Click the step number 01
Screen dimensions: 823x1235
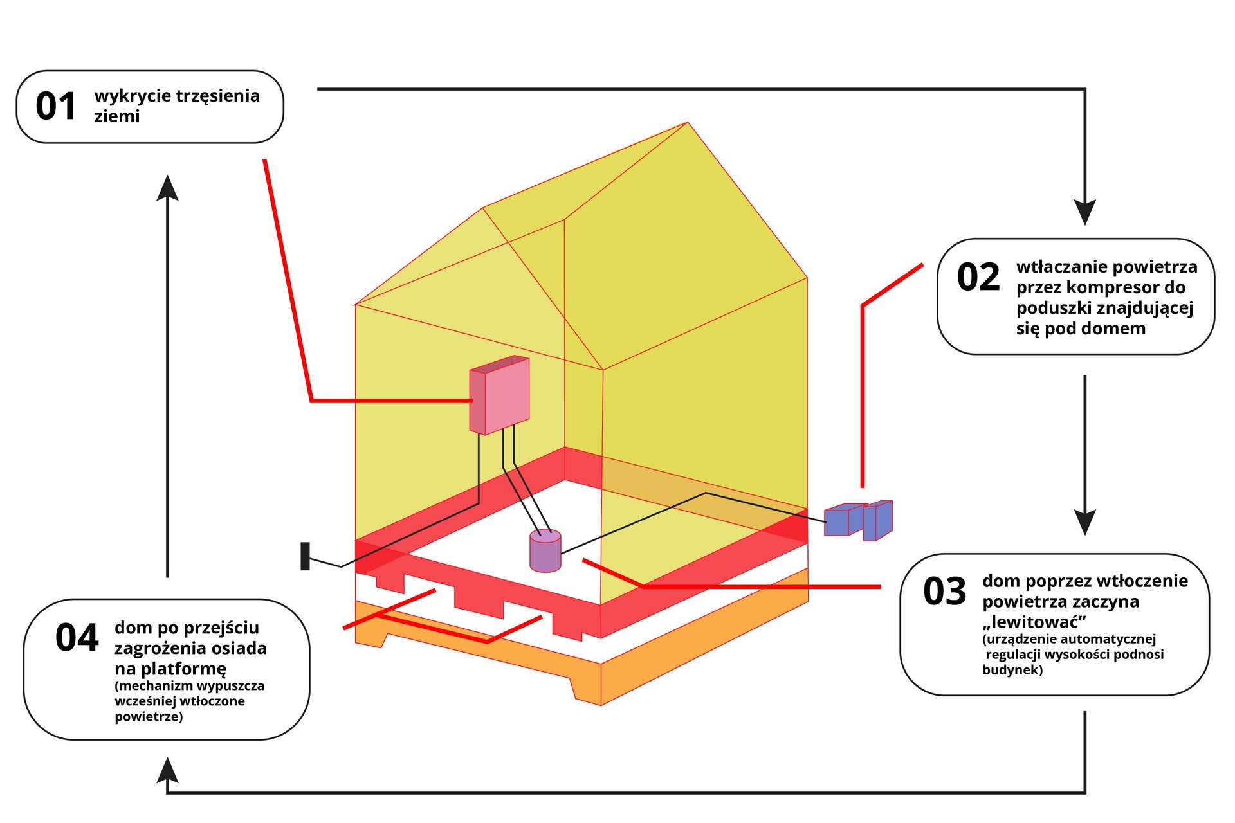point(56,107)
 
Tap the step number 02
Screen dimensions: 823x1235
point(978,278)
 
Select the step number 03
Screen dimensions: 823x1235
point(944,592)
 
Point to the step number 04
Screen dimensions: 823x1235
point(77,638)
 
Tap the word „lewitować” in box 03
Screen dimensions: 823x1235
point(1034,622)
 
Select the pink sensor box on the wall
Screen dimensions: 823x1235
point(500,395)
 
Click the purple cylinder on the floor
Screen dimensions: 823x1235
point(545,551)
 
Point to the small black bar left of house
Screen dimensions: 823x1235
point(306,556)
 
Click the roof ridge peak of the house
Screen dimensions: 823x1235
point(688,123)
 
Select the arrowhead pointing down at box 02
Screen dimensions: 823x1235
point(1084,212)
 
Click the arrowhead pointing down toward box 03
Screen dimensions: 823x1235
point(1084,522)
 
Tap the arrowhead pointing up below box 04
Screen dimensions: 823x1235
point(167,770)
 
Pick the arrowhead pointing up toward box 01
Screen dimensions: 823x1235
point(167,188)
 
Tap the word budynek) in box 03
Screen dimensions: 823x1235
point(1012,670)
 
